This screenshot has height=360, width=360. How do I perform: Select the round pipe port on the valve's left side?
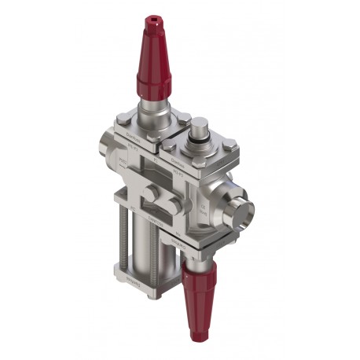pos(108,150)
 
